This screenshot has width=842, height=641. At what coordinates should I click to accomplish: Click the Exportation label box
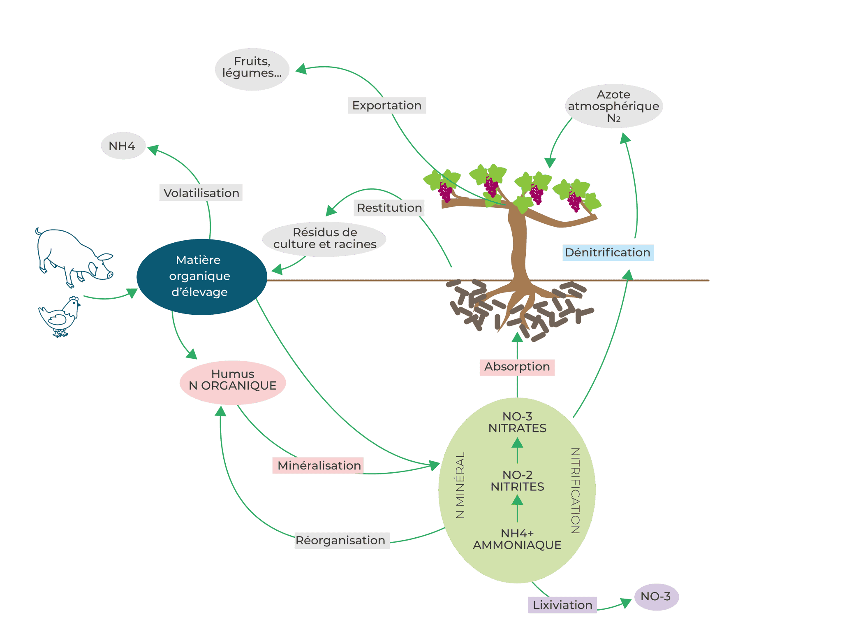[386, 106]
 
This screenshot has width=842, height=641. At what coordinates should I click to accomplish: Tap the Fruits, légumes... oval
[252, 69]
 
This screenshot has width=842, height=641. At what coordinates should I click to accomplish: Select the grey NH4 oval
[123, 146]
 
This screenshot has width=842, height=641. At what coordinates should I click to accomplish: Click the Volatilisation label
[201, 193]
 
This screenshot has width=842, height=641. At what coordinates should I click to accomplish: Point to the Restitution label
[389, 208]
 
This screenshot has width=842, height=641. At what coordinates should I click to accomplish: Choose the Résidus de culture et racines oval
[324, 239]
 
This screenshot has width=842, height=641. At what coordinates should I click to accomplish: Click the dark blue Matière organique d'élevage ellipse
[201, 276]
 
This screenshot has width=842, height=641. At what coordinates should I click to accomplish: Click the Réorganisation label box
[341, 540]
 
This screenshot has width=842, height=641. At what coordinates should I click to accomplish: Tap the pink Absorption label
[517, 367]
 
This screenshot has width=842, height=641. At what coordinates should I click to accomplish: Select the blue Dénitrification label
[608, 253]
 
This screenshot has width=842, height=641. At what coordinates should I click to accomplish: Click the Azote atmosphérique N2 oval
[613, 106]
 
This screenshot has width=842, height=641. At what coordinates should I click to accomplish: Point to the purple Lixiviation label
[562, 605]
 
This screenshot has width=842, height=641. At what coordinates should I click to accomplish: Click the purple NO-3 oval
[656, 597]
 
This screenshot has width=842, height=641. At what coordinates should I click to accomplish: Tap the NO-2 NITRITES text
[517, 481]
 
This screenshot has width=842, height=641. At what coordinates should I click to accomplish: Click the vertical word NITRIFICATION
[575, 490]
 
